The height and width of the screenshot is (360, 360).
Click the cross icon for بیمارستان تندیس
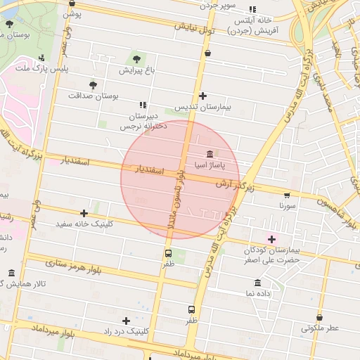tap(202, 96)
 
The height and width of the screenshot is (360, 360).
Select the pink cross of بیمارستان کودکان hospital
tap(272, 239)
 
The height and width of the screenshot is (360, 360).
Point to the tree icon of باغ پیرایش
tap(136, 59)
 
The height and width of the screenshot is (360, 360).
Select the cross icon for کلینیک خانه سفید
tap(84, 212)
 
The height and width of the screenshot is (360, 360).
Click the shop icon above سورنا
tap(286, 195)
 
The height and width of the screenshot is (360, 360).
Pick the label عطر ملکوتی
tap(320, 328)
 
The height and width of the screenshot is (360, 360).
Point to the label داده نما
tap(259, 292)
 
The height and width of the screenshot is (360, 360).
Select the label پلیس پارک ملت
tap(63, 68)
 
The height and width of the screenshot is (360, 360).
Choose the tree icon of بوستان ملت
tap(9, 23)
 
